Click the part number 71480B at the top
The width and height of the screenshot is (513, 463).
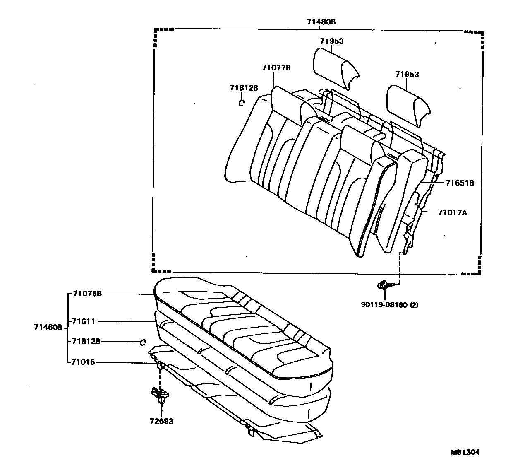pyautogui.click(x=321, y=22)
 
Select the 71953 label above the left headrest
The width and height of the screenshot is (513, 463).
pyautogui.click(x=331, y=41)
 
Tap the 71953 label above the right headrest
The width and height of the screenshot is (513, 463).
pyautogui.click(x=407, y=75)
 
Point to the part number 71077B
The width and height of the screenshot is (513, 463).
pyautogui.click(x=276, y=68)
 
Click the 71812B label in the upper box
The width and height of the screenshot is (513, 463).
pyautogui.click(x=244, y=88)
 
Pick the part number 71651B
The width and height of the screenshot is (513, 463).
pyautogui.click(x=460, y=182)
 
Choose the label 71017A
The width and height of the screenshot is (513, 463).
pyautogui.click(x=453, y=212)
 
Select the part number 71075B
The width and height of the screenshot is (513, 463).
pyautogui.click(x=87, y=294)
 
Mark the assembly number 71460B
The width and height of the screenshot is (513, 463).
pyautogui.click(x=48, y=327)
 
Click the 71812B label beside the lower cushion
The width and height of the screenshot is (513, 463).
pyautogui.click(x=86, y=342)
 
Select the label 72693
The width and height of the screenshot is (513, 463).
pyautogui.click(x=161, y=422)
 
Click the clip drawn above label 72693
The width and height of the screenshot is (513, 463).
pyautogui.click(x=160, y=395)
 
